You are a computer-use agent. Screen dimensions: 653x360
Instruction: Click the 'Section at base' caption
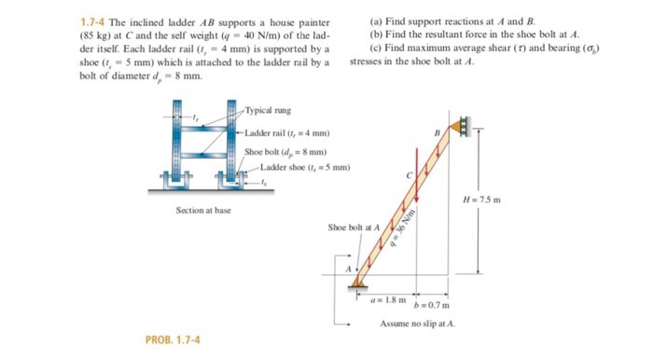[203, 210]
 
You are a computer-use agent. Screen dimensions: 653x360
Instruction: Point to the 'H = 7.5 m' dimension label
[483, 200]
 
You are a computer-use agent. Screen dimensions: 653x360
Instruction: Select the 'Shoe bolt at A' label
[353, 227]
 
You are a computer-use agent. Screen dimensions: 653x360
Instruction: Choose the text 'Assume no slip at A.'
[418, 324]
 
